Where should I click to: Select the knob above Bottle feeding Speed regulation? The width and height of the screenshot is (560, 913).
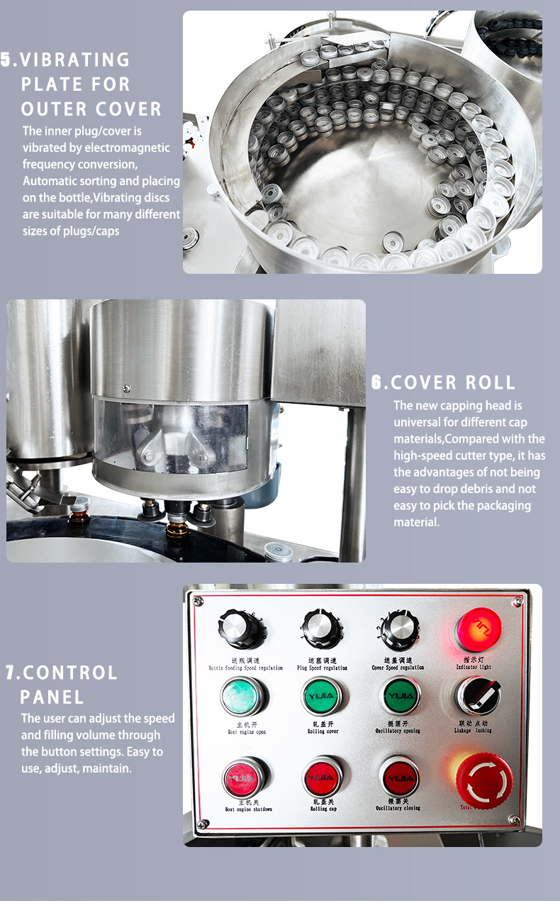[x=241, y=628]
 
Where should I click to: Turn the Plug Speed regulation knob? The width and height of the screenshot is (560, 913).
[x=323, y=628]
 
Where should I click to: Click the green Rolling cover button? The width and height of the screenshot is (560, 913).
[x=323, y=696]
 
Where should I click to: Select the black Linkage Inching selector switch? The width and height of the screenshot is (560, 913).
[x=477, y=695]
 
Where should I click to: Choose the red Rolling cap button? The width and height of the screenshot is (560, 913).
[x=323, y=778]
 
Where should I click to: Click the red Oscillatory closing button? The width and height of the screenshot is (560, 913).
[x=399, y=778]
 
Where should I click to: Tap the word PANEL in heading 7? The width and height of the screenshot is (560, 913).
[x=52, y=697]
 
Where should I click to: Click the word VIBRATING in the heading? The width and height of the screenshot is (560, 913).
[x=76, y=60]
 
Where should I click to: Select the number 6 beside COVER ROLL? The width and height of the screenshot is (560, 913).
[x=378, y=383]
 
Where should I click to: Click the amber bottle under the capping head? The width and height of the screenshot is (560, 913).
[x=177, y=529]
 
